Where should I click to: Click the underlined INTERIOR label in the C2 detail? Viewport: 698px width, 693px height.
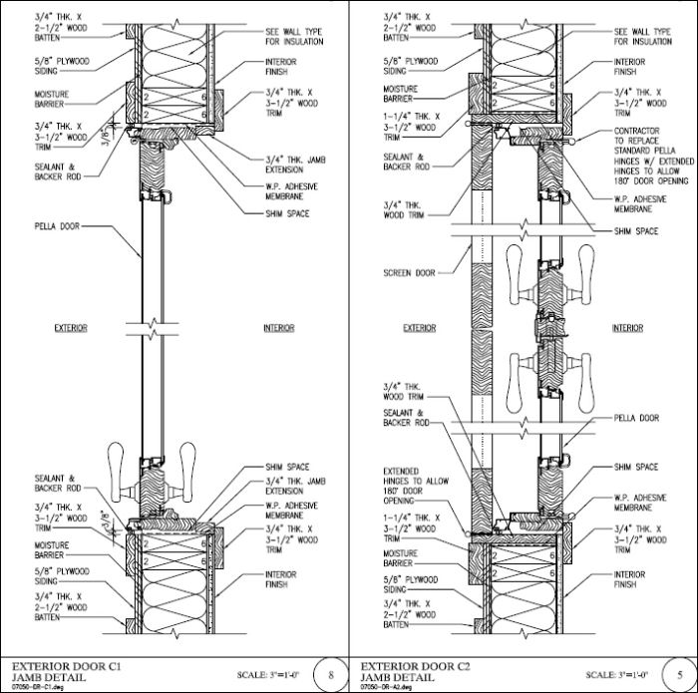click(627, 328)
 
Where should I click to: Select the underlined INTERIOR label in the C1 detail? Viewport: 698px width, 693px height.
click(278, 328)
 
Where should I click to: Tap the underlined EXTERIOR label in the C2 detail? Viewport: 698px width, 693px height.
click(420, 328)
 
